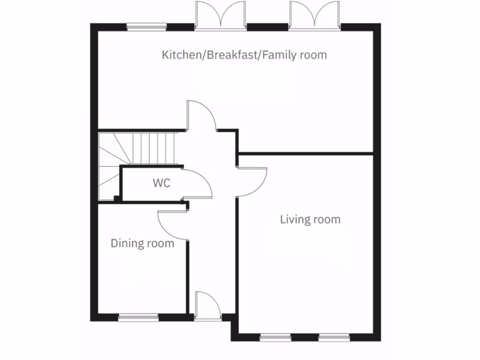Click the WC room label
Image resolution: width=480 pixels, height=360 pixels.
(x=161, y=183)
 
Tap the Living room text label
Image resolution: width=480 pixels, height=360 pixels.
(x=310, y=219)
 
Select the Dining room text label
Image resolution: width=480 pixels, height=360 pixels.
(x=142, y=244)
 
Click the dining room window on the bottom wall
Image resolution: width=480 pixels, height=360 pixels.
(x=138, y=318)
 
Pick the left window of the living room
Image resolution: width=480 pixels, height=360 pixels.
(x=275, y=337)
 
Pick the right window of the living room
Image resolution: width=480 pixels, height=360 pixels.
(x=334, y=337)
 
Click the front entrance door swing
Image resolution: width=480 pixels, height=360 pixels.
(x=208, y=306)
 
